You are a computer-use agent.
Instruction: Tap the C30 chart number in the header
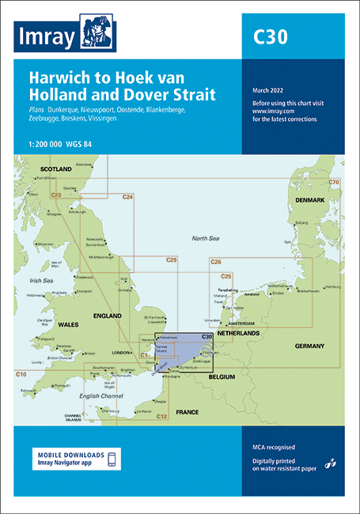point(270,36)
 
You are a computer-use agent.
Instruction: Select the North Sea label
point(208,237)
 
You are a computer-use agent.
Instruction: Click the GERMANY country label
point(309,346)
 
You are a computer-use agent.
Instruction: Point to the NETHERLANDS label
point(238,334)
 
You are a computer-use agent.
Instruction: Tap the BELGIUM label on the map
point(225,378)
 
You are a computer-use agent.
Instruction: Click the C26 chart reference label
point(215,262)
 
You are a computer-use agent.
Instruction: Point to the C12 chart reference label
point(161,416)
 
